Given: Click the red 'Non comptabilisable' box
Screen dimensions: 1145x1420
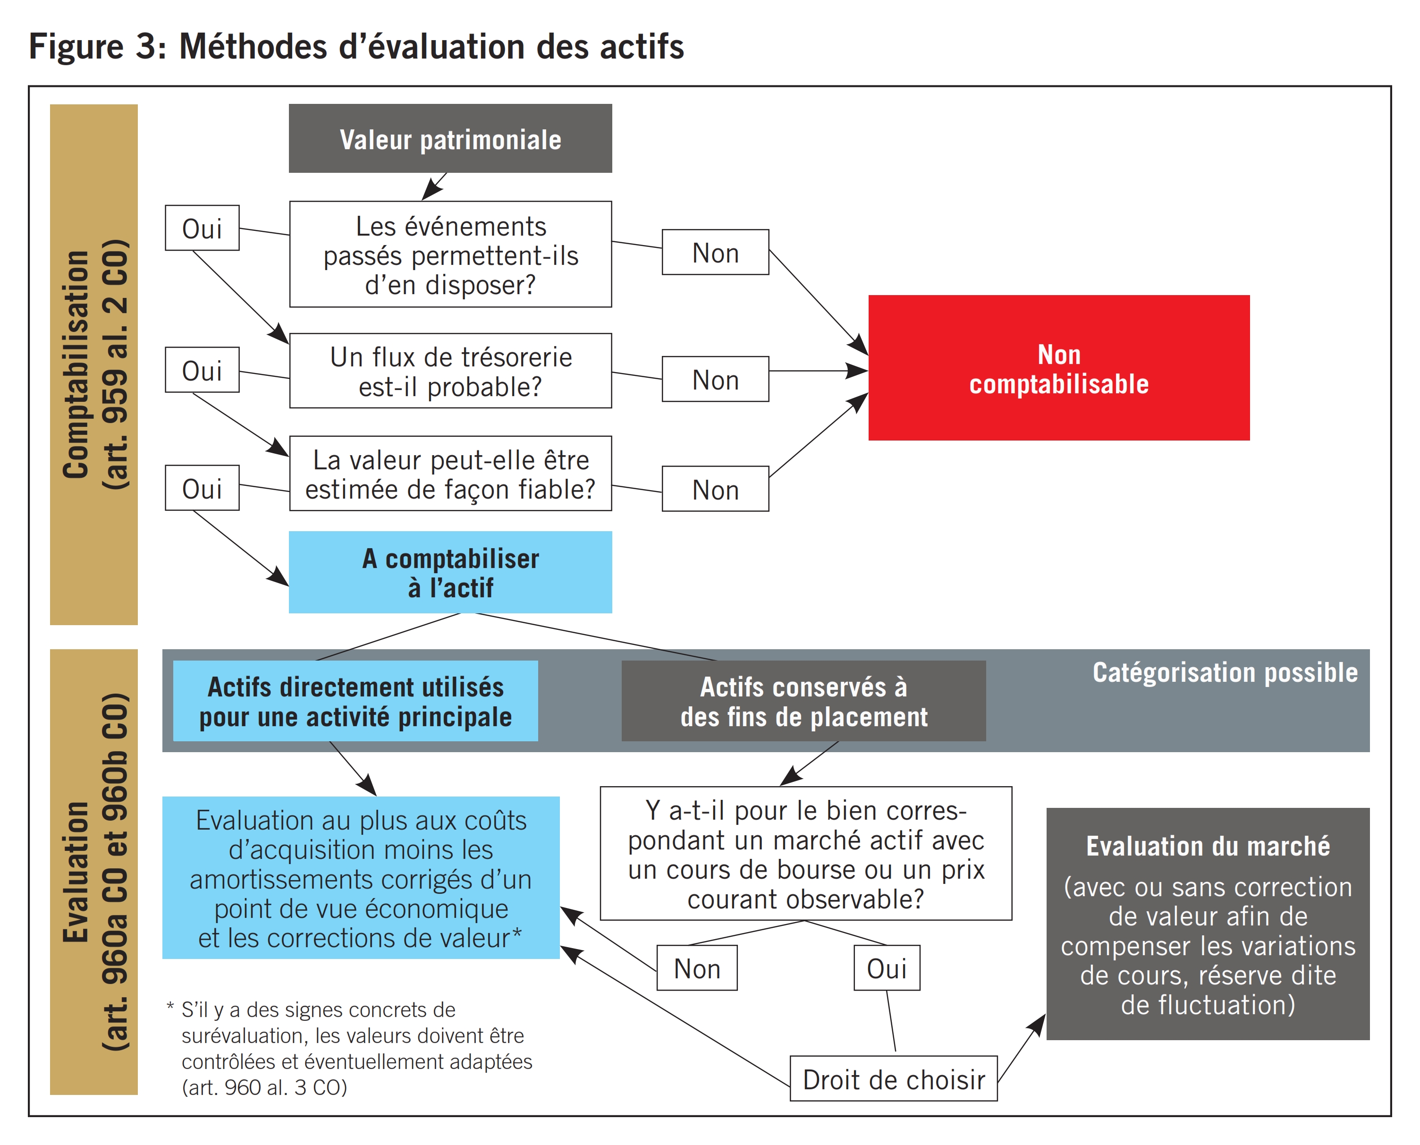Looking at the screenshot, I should coord(1058,367).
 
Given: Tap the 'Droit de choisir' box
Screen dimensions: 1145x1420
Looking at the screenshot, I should coord(893,1079).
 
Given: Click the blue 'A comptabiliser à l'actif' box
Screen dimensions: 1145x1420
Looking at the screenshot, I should coord(450,572).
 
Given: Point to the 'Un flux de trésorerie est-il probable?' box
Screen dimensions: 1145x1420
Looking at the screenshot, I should coord(450,371).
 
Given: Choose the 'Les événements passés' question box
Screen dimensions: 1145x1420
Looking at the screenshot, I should coord(450,254).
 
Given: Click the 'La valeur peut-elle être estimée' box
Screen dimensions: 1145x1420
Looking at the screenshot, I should coord(450,474).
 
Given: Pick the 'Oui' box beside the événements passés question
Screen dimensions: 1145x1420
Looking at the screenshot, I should coord(202,228).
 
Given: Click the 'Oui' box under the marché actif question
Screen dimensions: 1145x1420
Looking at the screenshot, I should coord(887,968).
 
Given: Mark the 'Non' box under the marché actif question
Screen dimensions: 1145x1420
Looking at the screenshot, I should coord(696,968).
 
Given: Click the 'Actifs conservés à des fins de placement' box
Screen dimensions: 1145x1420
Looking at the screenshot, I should coord(803,701).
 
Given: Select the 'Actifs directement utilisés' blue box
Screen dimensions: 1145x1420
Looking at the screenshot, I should coord(355,701).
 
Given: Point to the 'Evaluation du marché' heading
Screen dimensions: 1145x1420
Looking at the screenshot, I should coord(1208,846).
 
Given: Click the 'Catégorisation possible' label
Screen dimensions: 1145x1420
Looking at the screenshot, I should coord(1225,672).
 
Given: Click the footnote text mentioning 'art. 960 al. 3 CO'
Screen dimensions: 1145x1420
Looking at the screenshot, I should coord(264,1087).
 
